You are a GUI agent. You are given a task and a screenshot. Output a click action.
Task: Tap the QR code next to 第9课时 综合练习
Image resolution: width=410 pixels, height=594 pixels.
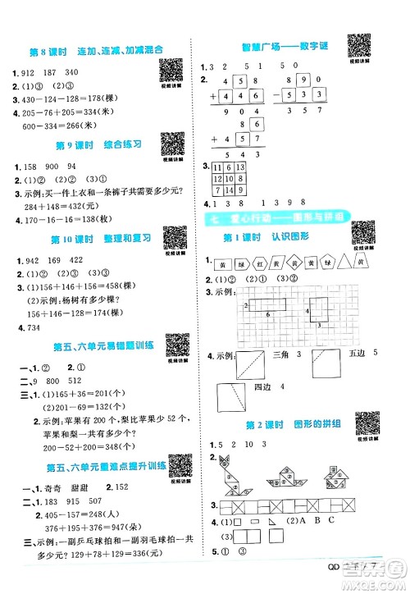[x=170, y=147]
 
